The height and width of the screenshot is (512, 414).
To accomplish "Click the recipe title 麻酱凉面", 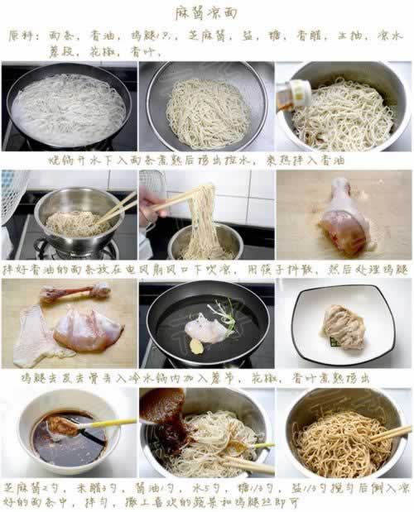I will click(x=206, y=13).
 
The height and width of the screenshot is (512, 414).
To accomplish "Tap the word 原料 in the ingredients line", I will click(x=22, y=36).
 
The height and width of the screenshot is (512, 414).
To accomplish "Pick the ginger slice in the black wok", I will click(x=196, y=346).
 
